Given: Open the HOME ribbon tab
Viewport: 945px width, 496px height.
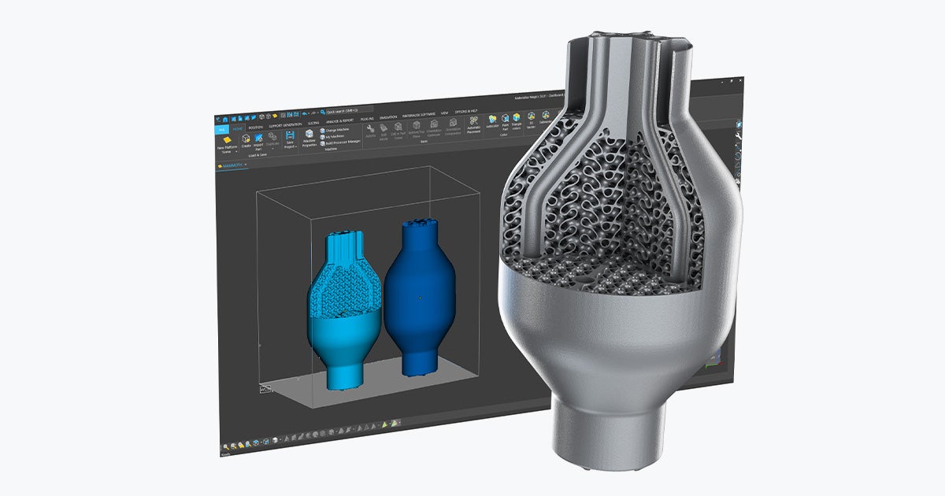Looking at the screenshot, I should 238,127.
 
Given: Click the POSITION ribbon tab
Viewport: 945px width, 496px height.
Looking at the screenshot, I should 256,126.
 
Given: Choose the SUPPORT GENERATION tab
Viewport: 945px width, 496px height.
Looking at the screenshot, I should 286,125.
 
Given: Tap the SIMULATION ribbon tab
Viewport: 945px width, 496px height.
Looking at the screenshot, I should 389,118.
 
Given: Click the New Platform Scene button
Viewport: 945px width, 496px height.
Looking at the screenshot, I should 225,146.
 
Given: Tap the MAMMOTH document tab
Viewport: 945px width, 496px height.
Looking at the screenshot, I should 232,166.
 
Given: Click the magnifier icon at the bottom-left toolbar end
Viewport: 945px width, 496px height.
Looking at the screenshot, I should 224,443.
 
